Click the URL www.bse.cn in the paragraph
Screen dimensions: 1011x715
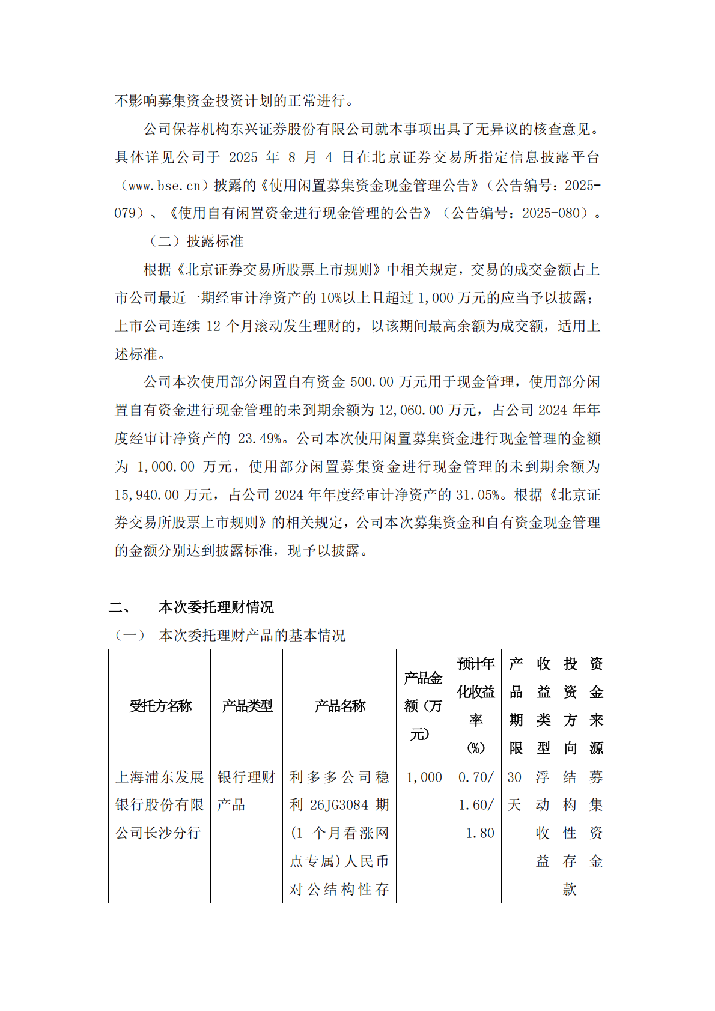point(165,186)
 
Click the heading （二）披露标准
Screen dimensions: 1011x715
point(196,241)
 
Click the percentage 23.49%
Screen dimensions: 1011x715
point(260,439)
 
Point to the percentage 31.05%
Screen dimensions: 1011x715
point(478,495)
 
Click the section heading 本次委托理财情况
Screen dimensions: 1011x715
point(216,607)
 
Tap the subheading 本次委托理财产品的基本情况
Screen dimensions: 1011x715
point(252,636)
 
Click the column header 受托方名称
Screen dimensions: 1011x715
point(160,706)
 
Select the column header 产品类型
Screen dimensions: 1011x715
point(247,706)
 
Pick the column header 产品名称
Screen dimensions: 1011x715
point(339,706)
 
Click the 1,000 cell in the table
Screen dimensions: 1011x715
point(424,777)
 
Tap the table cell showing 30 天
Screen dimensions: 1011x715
point(515,791)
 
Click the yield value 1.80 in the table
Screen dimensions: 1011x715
point(479,833)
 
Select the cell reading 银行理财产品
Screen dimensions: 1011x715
point(246,791)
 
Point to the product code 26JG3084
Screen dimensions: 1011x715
point(340,805)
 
